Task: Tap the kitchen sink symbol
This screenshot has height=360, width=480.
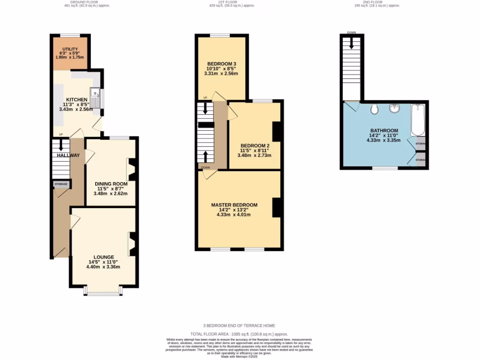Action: pos(95,98)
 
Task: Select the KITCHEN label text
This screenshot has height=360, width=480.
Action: pos(76,100)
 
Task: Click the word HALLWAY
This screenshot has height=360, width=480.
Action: pos(68,155)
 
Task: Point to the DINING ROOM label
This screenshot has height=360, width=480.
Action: pos(111,184)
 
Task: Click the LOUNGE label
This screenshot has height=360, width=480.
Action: pos(104,257)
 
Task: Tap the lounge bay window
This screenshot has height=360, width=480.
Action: pos(103,293)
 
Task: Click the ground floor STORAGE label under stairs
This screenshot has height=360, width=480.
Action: pos(61,184)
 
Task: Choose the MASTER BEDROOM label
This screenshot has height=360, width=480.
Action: pos(234,205)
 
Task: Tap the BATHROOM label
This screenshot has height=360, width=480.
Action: pos(384,131)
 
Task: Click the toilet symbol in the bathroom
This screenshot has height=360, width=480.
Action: pos(374,109)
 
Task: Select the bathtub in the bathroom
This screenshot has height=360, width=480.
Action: pos(417,120)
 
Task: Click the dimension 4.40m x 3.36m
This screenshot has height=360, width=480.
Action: pos(103,267)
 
